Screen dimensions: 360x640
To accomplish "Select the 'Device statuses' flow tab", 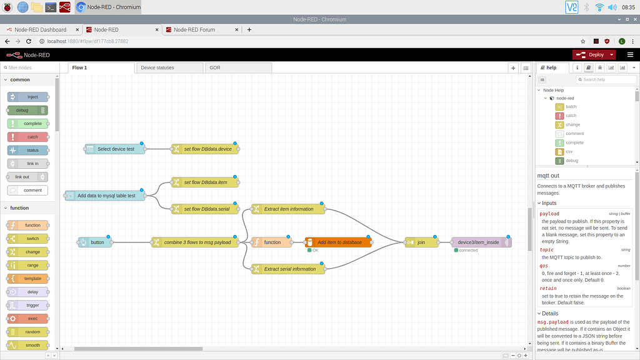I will [157, 67].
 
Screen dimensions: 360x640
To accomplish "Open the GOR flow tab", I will [215, 67].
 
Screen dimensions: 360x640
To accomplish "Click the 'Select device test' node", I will [115, 149].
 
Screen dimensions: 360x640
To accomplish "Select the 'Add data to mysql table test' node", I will [106, 196].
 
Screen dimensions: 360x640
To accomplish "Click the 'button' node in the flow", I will [96, 242].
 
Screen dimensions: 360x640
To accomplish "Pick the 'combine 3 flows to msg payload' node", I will [195, 242].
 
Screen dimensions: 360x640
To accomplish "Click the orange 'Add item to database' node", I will [338, 242].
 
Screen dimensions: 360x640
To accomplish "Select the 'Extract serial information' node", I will [288, 269].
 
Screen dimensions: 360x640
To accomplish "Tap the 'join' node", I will [421, 242].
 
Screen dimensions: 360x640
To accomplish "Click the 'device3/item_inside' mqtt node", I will [481, 242].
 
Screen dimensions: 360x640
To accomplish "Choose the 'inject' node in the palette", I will [32, 97].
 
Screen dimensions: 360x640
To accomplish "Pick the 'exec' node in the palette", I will [32, 318].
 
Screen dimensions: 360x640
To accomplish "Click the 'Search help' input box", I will [606, 79].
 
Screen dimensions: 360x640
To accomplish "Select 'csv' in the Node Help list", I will [569, 151].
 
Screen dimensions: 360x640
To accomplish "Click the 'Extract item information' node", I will [288, 209].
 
